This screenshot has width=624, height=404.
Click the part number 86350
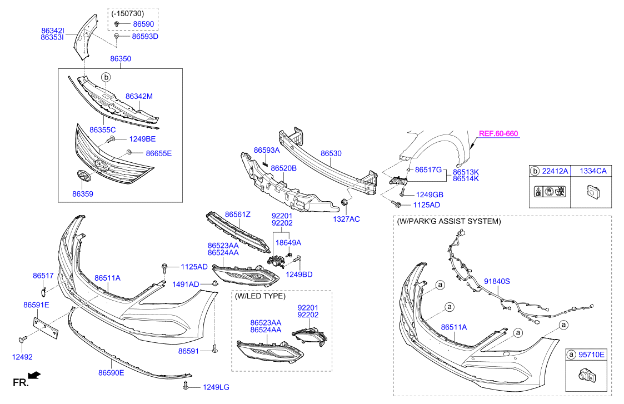pos(121,58)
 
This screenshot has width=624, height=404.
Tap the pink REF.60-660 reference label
pos(498,134)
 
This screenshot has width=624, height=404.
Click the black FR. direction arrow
pos(34,375)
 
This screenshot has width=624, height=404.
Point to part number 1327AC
pos(346,219)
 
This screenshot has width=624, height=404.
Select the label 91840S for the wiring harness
pos(497,281)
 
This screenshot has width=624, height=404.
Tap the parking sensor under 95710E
pos(586,375)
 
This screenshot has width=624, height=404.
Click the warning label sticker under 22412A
pos(550,192)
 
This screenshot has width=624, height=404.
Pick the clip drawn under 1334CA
pos(593,192)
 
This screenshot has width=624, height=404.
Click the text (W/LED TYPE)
pos(260,297)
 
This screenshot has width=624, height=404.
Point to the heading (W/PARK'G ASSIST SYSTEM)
pos(449,221)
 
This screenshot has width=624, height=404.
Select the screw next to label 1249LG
pos(186,386)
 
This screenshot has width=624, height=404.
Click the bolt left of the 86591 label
pos(214,349)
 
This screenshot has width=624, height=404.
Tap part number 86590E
pos(112,373)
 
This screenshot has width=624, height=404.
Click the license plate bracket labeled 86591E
pos(45,325)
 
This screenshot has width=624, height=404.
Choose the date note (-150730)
pos(128,13)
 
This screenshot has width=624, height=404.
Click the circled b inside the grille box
pos(106,77)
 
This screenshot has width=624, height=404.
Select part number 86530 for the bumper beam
pos(331,153)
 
